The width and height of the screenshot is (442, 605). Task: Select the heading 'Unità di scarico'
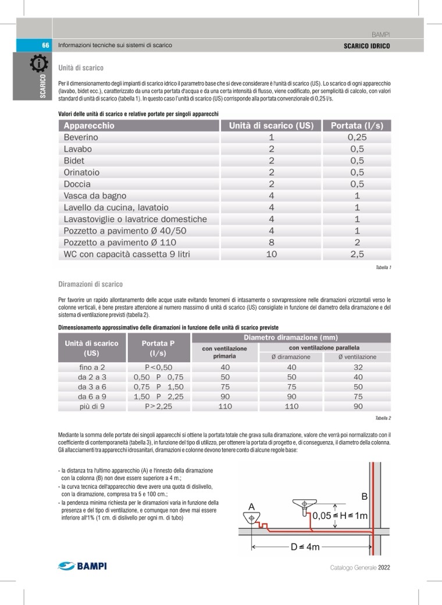point(81,68)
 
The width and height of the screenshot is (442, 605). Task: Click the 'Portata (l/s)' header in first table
point(357,126)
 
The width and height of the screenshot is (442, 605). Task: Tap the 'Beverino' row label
point(81,138)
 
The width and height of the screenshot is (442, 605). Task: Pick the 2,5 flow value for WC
point(357,254)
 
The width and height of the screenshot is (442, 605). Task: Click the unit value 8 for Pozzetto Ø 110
point(271,242)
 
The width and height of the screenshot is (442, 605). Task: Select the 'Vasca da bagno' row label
point(95,196)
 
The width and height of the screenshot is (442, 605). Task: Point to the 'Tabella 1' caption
point(383,267)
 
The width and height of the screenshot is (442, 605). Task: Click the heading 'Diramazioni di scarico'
point(90,284)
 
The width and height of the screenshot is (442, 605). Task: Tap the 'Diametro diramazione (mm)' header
point(291,338)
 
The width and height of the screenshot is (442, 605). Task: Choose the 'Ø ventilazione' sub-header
point(358,357)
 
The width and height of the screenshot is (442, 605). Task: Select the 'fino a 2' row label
point(92,367)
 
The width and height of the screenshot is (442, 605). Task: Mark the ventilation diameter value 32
point(358,367)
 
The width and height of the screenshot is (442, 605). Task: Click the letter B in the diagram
point(365,497)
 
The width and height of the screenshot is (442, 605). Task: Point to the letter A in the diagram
point(252,507)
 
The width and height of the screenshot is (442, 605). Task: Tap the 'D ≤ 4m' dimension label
point(305,547)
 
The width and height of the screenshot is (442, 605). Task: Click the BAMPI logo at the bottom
point(83,566)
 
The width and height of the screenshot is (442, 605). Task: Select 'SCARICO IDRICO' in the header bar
point(366,46)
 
